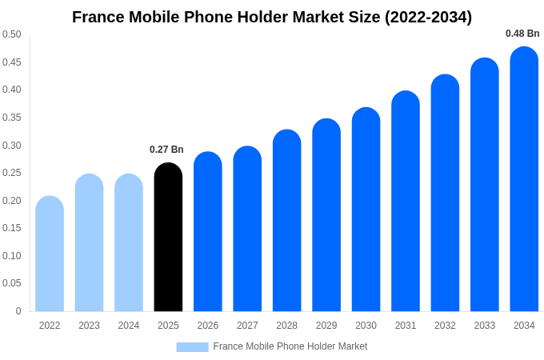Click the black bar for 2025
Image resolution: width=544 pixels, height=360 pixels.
pos(168,238)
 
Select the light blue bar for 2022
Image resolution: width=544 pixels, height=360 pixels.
pos(50,254)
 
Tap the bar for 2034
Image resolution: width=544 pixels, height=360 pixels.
pos(524,180)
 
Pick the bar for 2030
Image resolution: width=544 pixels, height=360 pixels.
pos(366,210)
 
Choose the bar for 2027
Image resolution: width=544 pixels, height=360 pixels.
pos(247,230)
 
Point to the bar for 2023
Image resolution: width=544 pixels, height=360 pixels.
pos(89,243)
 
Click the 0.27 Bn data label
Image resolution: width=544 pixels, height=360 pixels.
pos(166,150)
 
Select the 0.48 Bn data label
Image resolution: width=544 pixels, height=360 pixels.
pos(522,34)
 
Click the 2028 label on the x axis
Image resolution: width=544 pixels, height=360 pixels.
pos(286,326)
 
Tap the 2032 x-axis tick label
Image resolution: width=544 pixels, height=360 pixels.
pos(445,326)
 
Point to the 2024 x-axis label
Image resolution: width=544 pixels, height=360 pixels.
pos(129,326)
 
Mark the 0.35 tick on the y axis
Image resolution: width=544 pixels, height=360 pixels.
pos(12,118)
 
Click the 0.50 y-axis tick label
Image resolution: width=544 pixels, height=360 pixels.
pos(12,34)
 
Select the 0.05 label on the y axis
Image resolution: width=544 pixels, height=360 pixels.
pos(12,283)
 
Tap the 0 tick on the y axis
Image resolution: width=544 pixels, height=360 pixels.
pos(18,311)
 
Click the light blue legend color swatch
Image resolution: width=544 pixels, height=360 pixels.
pos(192,346)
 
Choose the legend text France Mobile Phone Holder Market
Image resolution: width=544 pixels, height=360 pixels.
pos(290,346)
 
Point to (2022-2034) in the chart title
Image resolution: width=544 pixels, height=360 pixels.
pos(429,17)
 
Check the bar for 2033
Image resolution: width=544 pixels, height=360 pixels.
pos(484,186)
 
